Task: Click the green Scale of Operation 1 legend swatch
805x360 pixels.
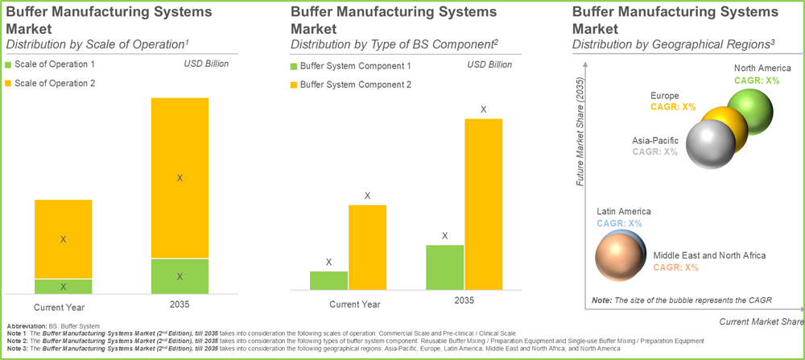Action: tap(9, 64)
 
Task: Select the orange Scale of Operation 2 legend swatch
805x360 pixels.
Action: tap(9, 82)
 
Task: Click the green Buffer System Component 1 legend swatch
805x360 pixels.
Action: tap(294, 66)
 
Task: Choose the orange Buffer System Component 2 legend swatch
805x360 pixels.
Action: tap(294, 84)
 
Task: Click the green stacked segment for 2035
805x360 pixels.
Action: tap(180, 276)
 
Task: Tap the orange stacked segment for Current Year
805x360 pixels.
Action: tap(63, 239)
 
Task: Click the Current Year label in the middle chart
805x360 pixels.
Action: tap(354, 304)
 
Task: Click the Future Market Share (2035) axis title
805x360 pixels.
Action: tap(580, 129)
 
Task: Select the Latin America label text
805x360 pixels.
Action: tap(623, 211)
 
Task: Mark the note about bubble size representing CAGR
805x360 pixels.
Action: tap(681, 300)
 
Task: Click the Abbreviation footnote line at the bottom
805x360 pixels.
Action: tap(48, 325)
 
